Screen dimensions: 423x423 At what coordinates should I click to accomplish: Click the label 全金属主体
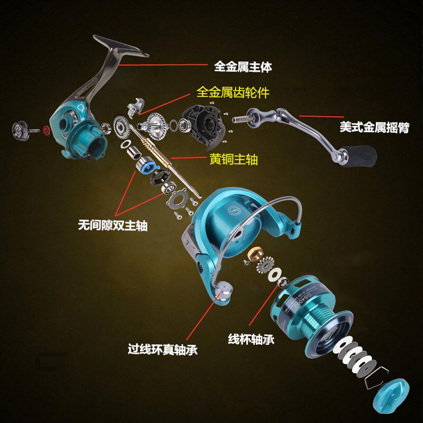[x=243, y=67]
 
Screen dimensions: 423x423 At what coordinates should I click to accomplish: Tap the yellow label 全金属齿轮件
[x=233, y=93]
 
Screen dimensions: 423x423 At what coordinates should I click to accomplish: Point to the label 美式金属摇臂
[x=374, y=127]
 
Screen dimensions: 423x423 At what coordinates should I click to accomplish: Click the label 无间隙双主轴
[x=113, y=226]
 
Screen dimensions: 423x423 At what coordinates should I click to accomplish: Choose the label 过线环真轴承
[x=162, y=350]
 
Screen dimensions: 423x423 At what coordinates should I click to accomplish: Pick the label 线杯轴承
[x=251, y=339]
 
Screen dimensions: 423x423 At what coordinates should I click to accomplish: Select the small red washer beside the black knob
[x=46, y=130]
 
